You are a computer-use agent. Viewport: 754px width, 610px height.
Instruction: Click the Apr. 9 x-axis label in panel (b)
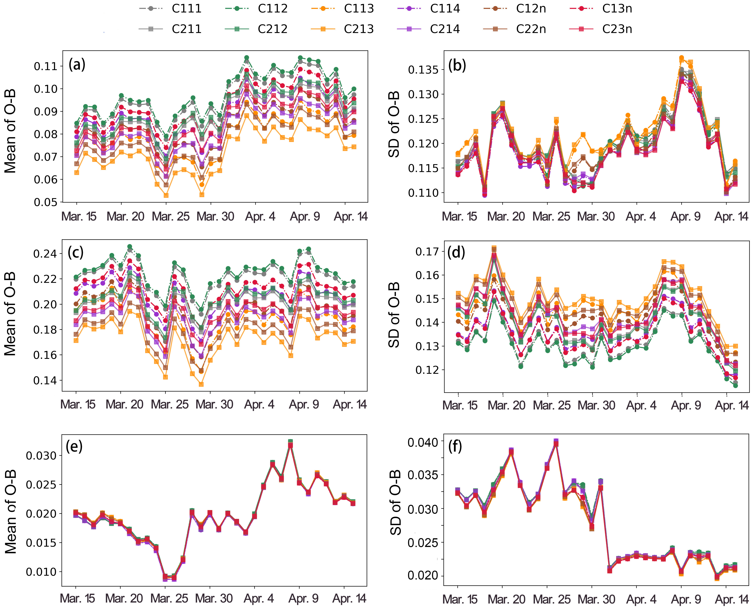(686, 217)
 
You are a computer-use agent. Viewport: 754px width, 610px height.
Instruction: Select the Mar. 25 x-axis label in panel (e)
(169, 598)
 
